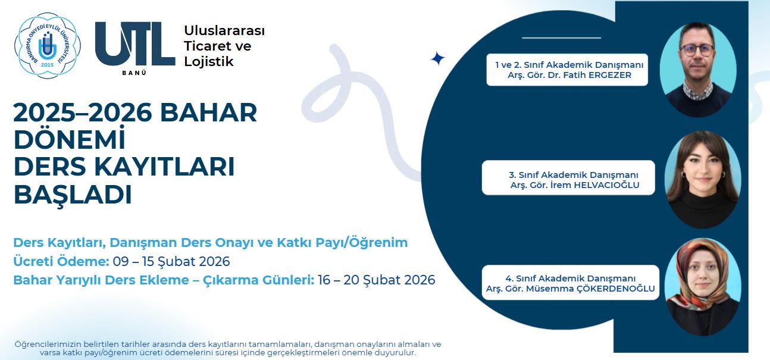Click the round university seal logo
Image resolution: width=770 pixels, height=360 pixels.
(x=48, y=46)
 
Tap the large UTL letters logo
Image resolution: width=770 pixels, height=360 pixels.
(x=135, y=43)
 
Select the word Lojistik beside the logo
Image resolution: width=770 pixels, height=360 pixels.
(x=209, y=61)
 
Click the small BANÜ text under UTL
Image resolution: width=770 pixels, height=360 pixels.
(x=134, y=73)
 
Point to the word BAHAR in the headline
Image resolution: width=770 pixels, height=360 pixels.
(x=208, y=112)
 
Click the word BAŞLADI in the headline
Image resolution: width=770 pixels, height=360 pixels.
(x=73, y=195)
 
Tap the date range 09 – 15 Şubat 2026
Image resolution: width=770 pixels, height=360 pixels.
(x=171, y=262)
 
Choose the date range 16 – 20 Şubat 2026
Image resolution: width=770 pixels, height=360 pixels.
(x=377, y=280)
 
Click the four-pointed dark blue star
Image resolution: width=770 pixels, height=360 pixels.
(x=437, y=58)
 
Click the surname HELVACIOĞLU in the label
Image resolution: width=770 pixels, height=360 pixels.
(x=607, y=185)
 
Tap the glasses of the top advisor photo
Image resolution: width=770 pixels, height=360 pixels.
(x=697, y=50)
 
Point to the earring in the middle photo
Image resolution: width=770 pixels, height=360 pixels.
(x=684, y=176)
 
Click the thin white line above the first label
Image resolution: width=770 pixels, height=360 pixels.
(x=561, y=37)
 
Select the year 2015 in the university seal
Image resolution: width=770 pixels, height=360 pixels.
(x=48, y=65)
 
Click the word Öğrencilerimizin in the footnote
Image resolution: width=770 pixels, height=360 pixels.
(x=48, y=345)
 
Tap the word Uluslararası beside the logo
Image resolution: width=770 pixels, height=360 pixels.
(x=224, y=30)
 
